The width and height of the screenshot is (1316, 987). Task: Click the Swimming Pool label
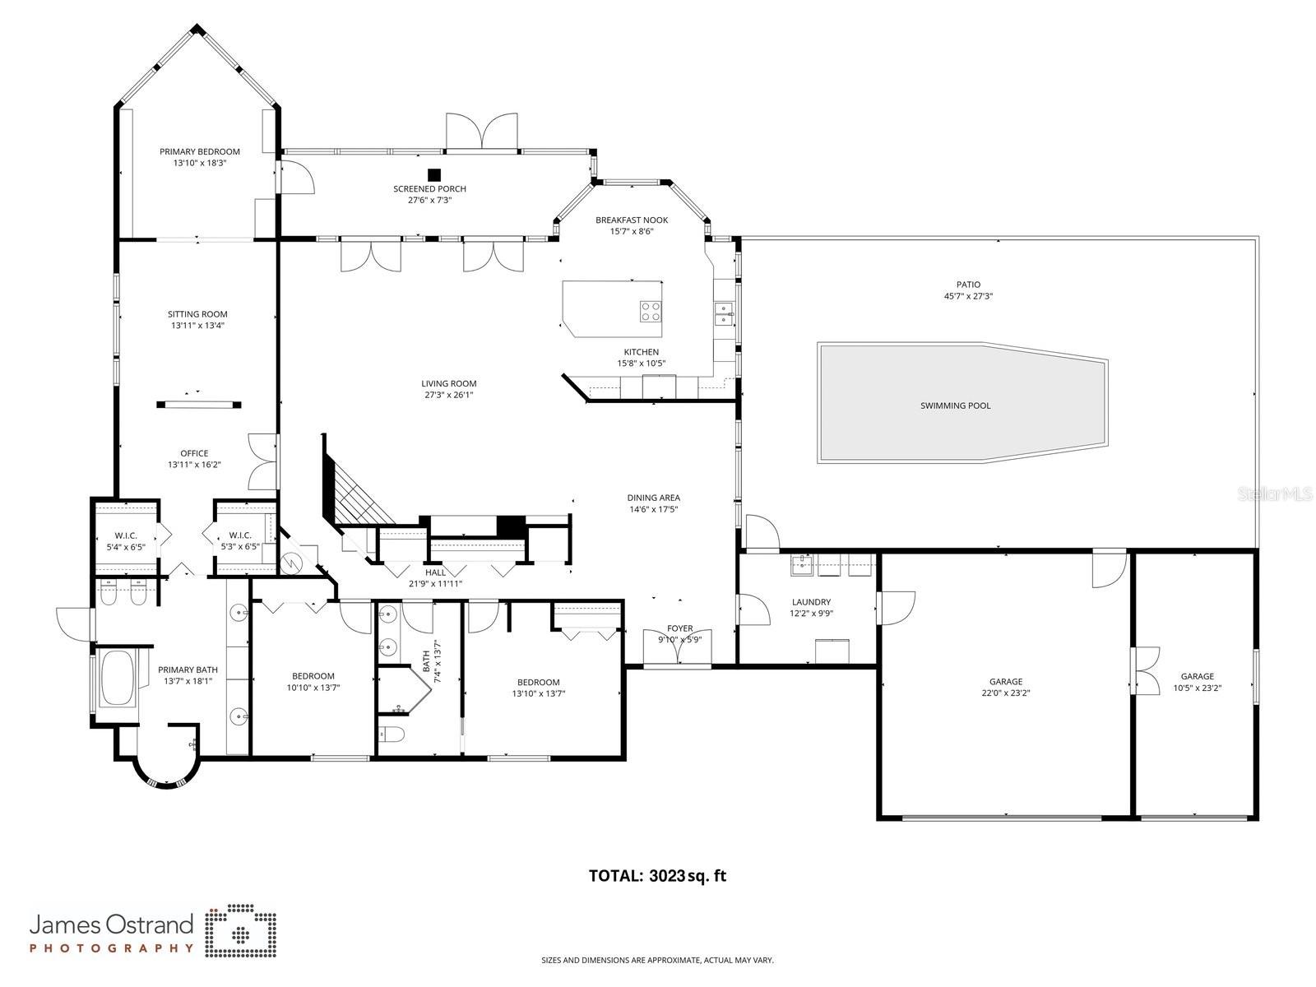(955, 405)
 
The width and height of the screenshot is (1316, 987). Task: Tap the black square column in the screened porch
(434, 174)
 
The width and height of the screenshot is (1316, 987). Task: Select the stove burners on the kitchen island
(651, 311)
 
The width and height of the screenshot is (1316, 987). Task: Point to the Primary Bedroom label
(200, 151)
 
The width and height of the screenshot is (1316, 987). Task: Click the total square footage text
(657, 876)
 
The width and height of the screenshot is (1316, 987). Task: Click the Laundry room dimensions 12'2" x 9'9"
(811, 614)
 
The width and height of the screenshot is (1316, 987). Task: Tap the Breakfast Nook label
(632, 220)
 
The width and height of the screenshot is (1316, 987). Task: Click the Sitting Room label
(197, 314)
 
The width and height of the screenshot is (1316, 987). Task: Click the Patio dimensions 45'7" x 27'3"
(968, 296)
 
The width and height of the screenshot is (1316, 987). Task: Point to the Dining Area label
(653, 498)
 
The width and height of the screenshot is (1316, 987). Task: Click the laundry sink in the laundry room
(801, 563)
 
